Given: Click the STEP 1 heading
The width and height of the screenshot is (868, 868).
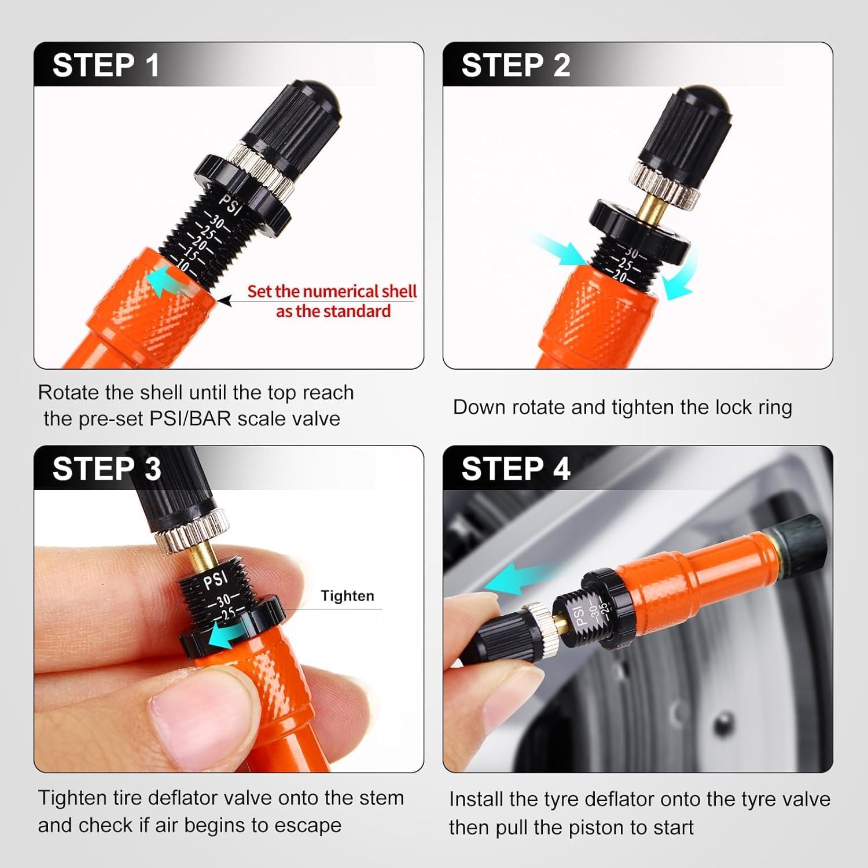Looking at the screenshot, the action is click(106, 65).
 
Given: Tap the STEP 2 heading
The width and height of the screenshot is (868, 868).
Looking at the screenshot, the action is click(516, 65).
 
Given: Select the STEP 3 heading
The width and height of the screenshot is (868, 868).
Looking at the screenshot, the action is click(106, 469).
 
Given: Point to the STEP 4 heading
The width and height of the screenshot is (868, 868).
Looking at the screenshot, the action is click(516, 469).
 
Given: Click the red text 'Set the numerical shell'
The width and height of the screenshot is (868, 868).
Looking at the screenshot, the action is click(332, 291).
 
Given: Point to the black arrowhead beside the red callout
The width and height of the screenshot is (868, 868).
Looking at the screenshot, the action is click(225, 301).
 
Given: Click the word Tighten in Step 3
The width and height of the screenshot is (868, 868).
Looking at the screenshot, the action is click(347, 596).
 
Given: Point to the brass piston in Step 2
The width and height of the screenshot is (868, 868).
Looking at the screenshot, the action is click(654, 207).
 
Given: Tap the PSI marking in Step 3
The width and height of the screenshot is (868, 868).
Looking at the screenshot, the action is click(216, 579).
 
